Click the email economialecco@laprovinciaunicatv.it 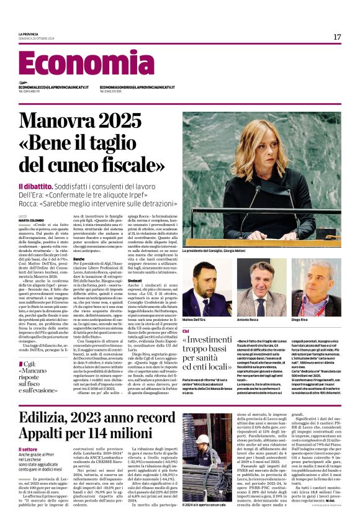pos(53,88)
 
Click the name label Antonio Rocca pos(248,319)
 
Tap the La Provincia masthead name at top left pos(29,34)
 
